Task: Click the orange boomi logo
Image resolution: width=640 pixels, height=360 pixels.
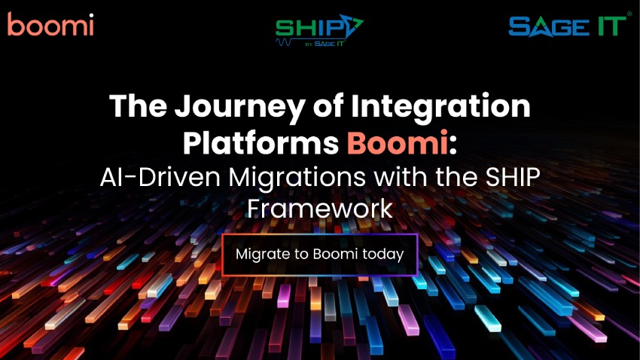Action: click(50, 25)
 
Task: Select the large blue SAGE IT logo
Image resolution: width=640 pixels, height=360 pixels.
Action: click(565, 26)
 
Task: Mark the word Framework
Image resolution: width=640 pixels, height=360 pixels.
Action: click(320, 208)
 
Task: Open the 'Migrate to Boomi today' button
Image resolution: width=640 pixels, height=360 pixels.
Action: click(320, 254)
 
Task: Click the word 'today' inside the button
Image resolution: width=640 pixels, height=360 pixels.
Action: click(383, 254)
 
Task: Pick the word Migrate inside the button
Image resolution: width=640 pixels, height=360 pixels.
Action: click(261, 254)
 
